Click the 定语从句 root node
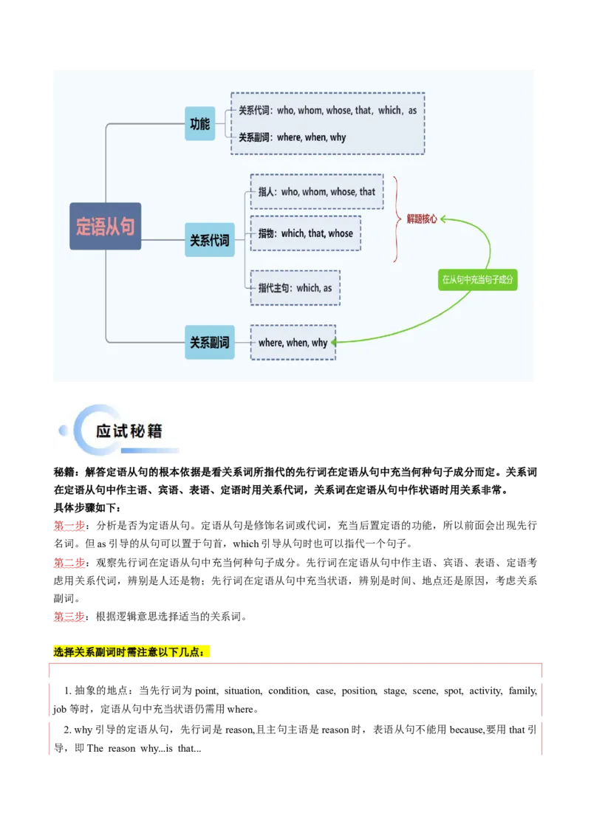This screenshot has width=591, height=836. point(105,226)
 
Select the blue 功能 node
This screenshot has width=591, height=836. point(199,124)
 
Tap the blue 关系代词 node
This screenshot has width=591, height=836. point(209,241)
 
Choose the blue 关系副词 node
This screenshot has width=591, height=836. point(209,343)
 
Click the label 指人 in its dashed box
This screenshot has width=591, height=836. point(267,192)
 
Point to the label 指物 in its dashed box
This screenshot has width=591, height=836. point(267,233)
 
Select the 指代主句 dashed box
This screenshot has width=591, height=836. point(295,288)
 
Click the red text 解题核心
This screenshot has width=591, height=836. point(422,219)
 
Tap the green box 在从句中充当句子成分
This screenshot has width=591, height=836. point(477,280)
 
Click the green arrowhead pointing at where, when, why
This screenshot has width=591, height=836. point(335,343)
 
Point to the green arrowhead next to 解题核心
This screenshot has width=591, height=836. point(445,219)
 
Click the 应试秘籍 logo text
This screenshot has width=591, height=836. point(129,431)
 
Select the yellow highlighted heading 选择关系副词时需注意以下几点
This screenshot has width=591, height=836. point(132,653)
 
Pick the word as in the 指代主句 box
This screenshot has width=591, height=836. point(327,288)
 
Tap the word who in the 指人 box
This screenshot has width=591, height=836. point(289,192)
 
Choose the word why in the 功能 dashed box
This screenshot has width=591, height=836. point(338,137)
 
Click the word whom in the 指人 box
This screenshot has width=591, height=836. point(314,192)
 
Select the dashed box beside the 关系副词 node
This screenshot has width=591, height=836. point(293,343)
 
